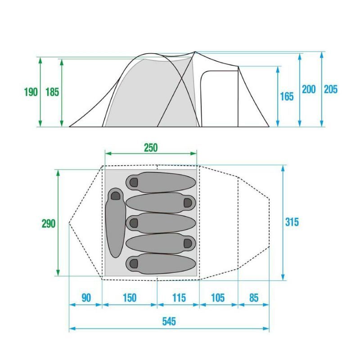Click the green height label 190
(31, 92)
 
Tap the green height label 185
(52, 92)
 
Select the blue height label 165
(287, 96)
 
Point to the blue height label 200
(309, 89)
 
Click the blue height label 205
(331, 89)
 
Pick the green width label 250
(151, 148)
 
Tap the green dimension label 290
(49, 223)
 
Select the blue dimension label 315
(292, 222)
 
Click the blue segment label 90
(86, 298)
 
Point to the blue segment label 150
(130, 298)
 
